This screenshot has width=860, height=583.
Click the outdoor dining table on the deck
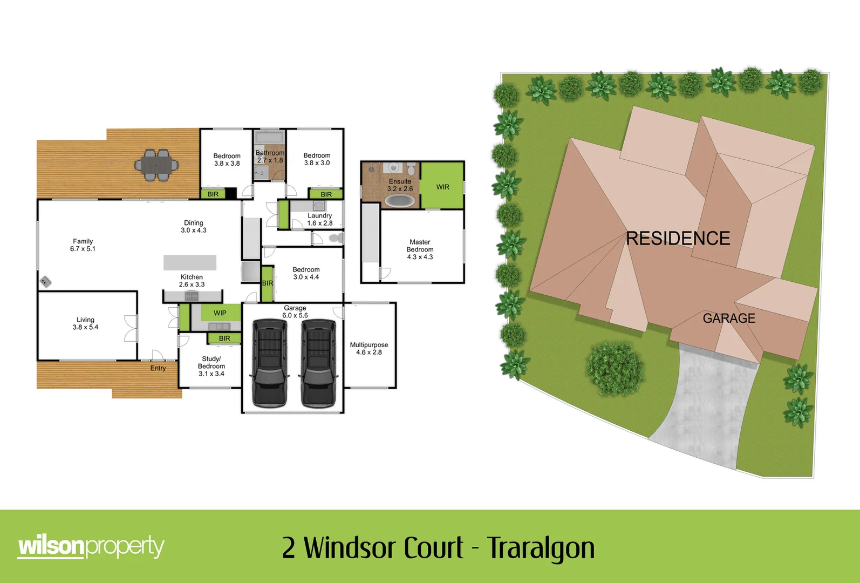click(156, 165)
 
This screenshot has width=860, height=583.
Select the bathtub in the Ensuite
click(400, 201)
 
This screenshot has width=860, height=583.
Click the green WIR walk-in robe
click(442, 187)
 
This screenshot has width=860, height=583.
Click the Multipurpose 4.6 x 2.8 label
click(369, 348)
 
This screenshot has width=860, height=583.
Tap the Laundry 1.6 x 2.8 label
click(319, 219)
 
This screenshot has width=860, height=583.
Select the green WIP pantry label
click(220, 313)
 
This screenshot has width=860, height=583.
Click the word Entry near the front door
click(158, 368)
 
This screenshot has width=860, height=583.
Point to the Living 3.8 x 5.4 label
click(85, 323)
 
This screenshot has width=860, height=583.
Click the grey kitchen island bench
click(190, 262)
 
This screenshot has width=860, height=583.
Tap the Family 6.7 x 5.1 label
click(83, 245)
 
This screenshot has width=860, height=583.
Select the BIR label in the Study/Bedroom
click(224, 338)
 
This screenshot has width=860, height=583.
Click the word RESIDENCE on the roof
click(678, 238)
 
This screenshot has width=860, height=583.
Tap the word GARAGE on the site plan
click(728, 318)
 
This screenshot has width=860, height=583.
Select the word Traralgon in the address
click(541, 548)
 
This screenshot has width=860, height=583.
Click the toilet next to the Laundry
click(336, 238)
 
